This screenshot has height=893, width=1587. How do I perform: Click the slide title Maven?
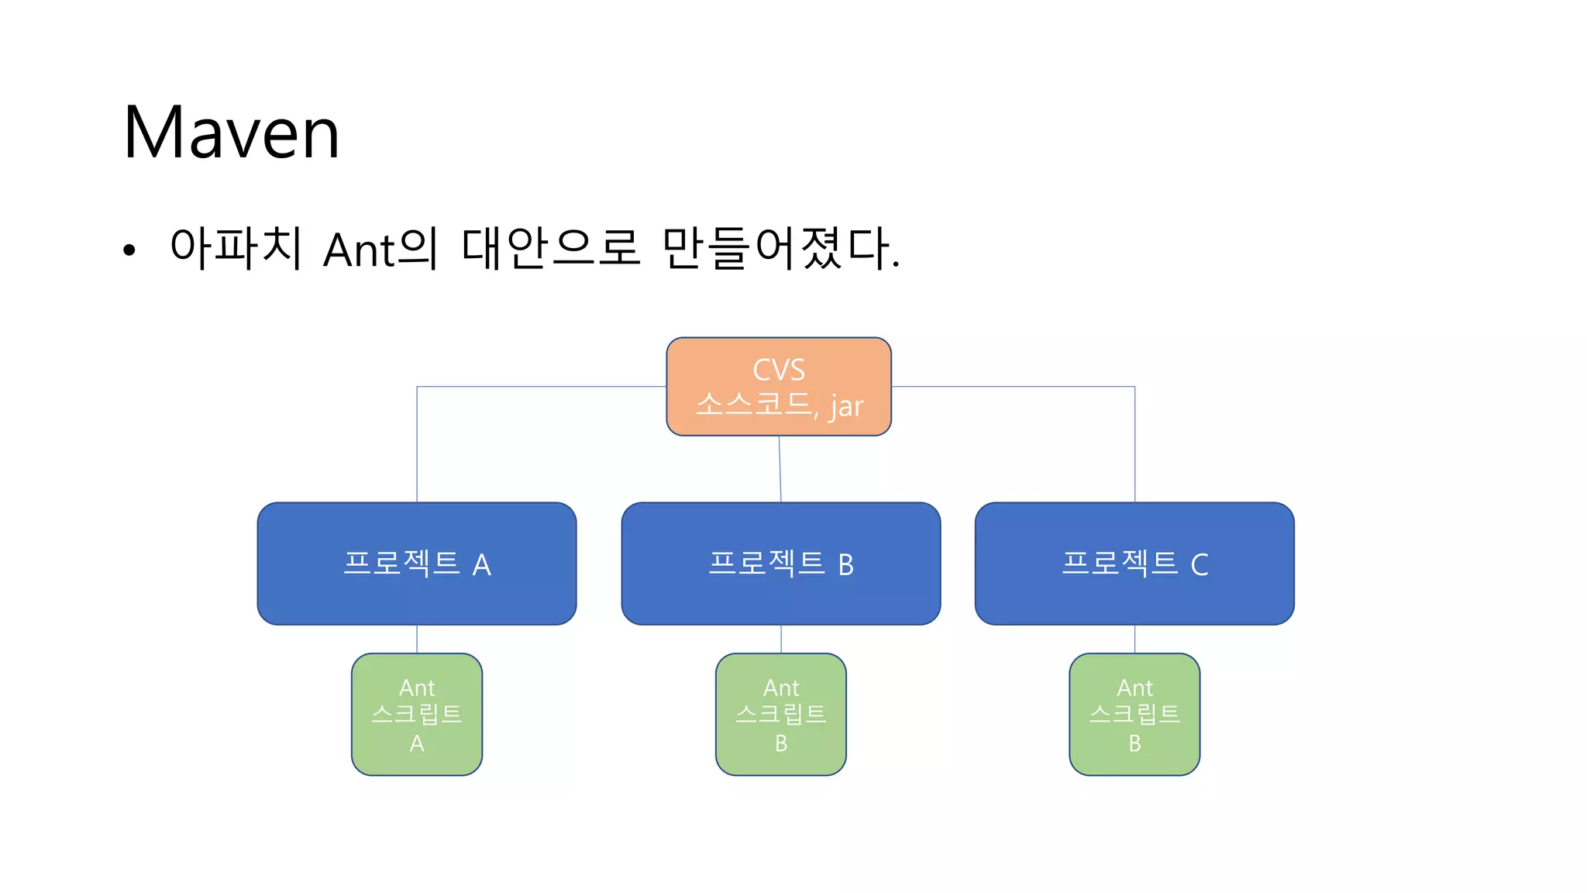231,133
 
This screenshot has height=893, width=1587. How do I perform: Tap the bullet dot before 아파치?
129,250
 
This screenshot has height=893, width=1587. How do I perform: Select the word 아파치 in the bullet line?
236,249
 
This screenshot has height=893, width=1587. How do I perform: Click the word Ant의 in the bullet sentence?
380,249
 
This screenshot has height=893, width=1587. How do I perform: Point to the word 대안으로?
550,249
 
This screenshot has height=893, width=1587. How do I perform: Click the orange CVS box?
778,386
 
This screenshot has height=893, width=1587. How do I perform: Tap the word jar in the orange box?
846,406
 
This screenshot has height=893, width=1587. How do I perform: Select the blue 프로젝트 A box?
417,564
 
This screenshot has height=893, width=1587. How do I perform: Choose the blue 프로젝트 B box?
781,564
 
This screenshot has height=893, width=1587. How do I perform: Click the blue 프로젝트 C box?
1134,564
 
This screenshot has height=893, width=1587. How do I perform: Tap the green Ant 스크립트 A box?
417,714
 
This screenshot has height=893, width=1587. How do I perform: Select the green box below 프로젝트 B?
781,714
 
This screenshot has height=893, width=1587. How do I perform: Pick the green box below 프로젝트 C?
1134,714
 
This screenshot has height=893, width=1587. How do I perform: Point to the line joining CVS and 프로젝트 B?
780,469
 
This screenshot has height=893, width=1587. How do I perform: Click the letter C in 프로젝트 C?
1199,565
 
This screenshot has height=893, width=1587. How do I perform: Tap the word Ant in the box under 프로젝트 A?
417,688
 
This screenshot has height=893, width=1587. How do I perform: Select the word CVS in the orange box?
779,370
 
